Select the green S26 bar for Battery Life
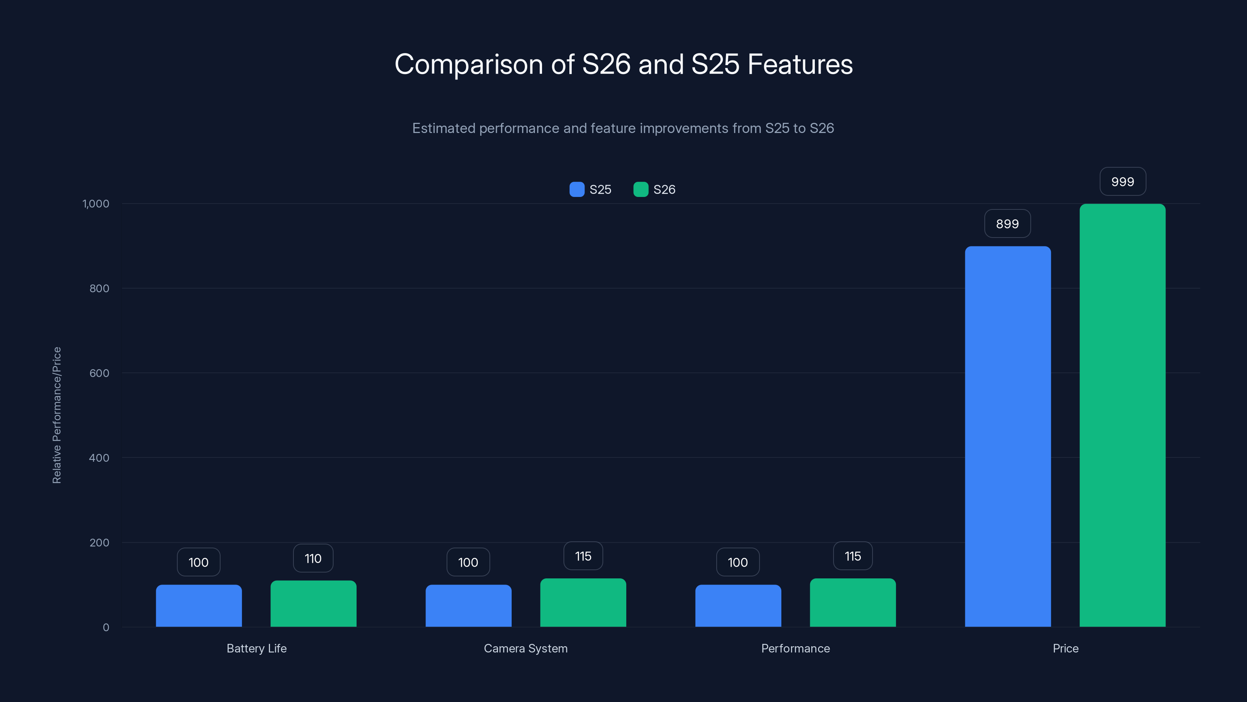[x=313, y=604]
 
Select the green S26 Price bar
[x=1122, y=415]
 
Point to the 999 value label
[x=1123, y=182]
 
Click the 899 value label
[x=1007, y=224]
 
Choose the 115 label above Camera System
[x=583, y=556]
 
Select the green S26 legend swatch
[x=640, y=190]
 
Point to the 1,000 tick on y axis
[x=96, y=204]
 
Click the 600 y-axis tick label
[x=99, y=373]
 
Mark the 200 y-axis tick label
[x=99, y=542]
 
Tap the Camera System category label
[x=526, y=648]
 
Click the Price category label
[x=1065, y=648]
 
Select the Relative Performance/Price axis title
[x=57, y=415]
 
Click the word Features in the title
[x=800, y=64]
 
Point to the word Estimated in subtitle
[x=443, y=128]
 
